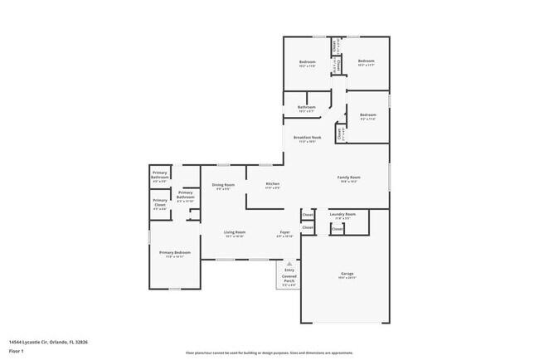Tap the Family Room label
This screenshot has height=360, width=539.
tap(348, 178)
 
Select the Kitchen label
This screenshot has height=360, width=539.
tap(272, 184)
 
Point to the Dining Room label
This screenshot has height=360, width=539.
tap(223, 185)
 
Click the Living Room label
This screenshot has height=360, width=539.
tap(234, 233)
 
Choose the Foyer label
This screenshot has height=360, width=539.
tap(284, 233)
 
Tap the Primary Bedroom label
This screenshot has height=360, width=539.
tap(175, 253)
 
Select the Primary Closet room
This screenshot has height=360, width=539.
tap(159, 204)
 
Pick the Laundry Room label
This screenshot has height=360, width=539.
tap(342, 215)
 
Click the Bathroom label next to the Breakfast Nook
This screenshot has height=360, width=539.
tap(307, 107)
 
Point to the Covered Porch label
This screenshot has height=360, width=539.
tap(289, 283)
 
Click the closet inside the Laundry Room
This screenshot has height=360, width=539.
tap(337, 228)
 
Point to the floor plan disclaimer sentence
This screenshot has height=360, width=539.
tap(269, 352)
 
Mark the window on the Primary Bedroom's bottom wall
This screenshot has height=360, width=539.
tap(173, 289)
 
